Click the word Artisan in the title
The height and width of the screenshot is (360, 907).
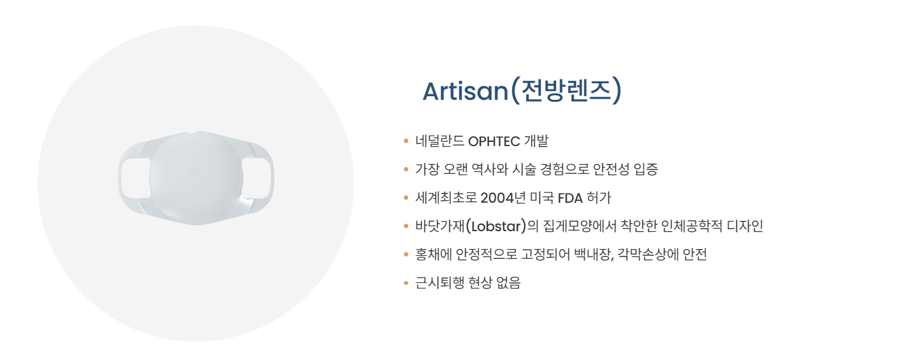[466, 91]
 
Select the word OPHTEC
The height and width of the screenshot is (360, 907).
[494, 141]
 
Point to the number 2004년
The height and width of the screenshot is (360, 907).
[503, 198]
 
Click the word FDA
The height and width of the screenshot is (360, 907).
[570, 198]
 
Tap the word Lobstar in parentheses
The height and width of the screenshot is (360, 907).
[496, 226]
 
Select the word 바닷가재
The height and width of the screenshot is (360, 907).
[440, 226]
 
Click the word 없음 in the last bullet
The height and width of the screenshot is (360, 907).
[508, 283]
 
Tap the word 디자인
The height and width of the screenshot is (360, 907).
[745, 226]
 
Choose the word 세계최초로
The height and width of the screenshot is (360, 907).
[446, 198]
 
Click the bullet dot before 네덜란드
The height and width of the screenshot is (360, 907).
[406, 141]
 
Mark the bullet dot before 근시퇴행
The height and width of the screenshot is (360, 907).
[406, 283]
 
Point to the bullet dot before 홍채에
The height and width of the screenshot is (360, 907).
[406, 255]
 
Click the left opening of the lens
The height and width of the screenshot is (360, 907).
[136, 178]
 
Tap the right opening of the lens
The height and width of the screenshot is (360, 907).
[256, 178]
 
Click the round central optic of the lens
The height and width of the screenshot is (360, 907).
[196, 178]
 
